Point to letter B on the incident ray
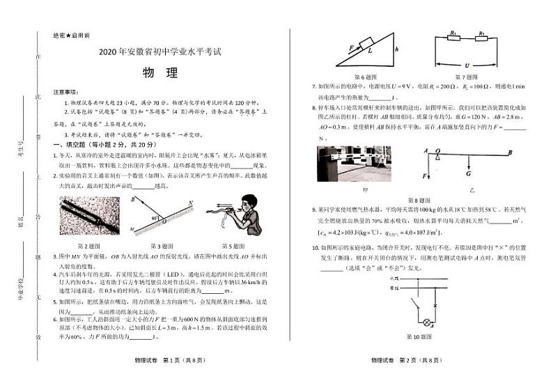(132, 200)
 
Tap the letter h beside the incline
(396, 50)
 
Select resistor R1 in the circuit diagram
(453, 33)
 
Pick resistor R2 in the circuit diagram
(481, 33)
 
